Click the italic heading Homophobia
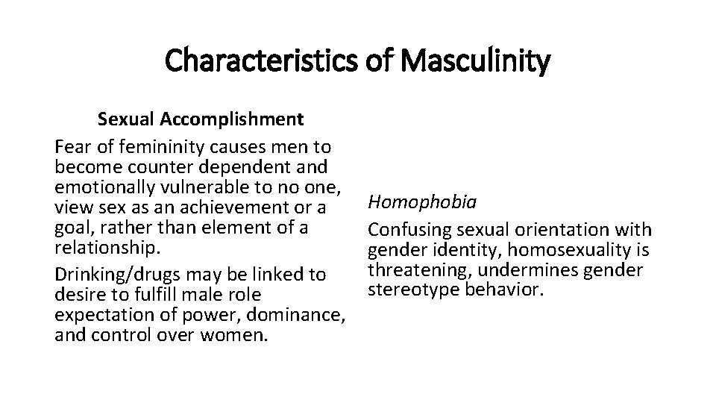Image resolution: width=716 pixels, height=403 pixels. pos(412,202)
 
